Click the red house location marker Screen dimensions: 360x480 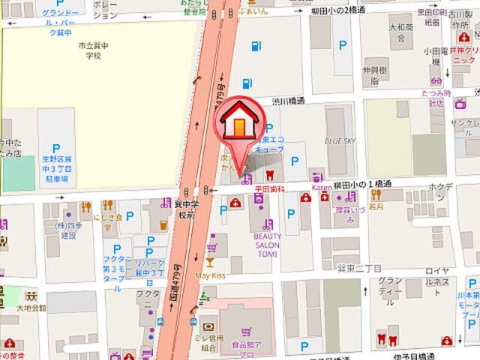click(x=238, y=124)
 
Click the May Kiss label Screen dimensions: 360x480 click(x=210, y=275)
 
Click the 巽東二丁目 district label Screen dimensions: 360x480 click(x=360, y=268)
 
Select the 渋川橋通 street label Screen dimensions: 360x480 click(x=288, y=100)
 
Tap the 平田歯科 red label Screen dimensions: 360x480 click(x=268, y=189)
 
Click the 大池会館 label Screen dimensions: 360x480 click(x=31, y=307)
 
